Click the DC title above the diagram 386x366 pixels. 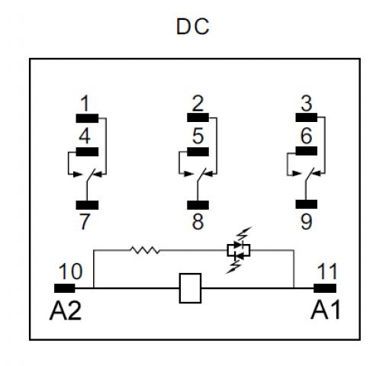click(x=192, y=27)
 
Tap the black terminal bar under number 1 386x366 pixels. click(x=87, y=118)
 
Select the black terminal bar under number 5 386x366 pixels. click(x=198, y=152)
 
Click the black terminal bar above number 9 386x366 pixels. click(x=307, y=204)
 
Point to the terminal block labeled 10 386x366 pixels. click(x=65, y=288)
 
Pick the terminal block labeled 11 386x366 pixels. click(x=325, y=288)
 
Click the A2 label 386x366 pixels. click(x=66, y=310)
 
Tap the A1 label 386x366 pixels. click(x=326, y=310)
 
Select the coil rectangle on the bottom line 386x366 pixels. click(x=190, y=288)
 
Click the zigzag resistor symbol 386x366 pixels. click(x=145, y=250)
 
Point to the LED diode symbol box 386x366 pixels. click(x=239, y=250)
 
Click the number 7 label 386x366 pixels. click(x=85, y=222)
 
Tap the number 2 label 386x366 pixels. click(x=198, y=104)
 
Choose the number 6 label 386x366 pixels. click(x=307, y=136)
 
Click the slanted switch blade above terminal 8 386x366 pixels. click(x=201, y=175)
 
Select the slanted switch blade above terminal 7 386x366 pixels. click(x=91, y=175)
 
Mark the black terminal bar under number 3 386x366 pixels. click(x=307, y=117)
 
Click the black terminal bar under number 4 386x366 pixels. click(x=87, y=152)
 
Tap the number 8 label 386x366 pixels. click(x=198, y=222)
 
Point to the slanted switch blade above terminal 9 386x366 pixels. click(x=310, y=174)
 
